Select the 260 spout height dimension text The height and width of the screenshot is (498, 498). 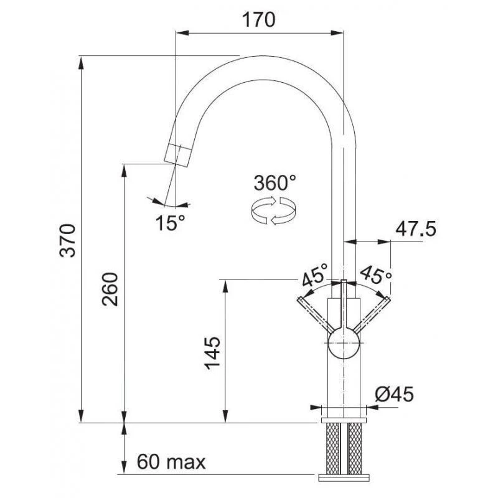coord(110,291)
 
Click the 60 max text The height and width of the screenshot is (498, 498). coord(171,463)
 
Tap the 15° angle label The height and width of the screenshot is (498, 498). coord(170,222)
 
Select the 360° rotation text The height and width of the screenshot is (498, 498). coord(275,183)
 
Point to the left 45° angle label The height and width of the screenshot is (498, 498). coord(314,274)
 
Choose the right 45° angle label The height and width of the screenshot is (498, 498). coord(376,274)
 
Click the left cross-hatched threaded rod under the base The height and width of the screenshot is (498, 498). coord(332,448)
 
